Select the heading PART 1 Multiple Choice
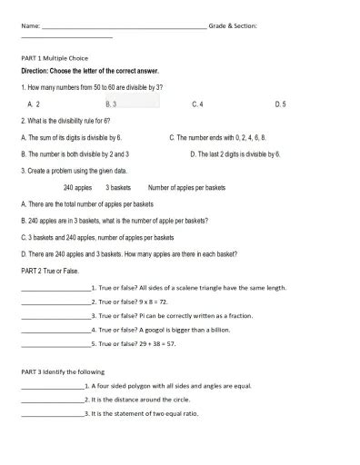[x=55, y=57]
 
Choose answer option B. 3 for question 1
[x=111, y=104]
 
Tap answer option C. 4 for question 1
[x=197, y=104]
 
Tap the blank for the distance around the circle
[x=51, y=400]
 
